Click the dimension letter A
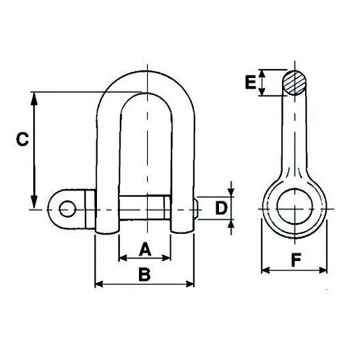tap(144, 250)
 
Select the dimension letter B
tap(144, 275)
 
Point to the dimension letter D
tap(220, 207)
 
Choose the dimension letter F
tap(294, 259)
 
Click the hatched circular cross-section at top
tap(295, 84)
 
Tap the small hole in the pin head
tap(66, 208)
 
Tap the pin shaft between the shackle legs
tap(144, 207)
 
